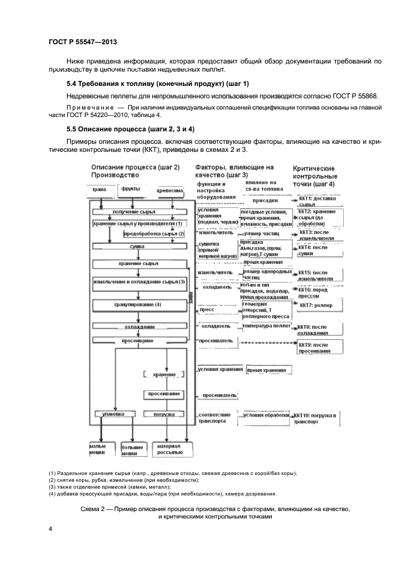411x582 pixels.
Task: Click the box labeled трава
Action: point(99,190)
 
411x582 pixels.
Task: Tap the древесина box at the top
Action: point(169,190)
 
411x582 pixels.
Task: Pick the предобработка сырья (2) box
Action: point(154,233)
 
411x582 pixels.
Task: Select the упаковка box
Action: point(113,414)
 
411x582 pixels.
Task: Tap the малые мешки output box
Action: point(97,449)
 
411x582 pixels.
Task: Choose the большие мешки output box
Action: point(129,450)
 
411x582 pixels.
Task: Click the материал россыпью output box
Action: point(169,449)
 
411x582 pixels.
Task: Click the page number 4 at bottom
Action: point(50,529)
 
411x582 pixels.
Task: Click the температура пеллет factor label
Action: point(265,326)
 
